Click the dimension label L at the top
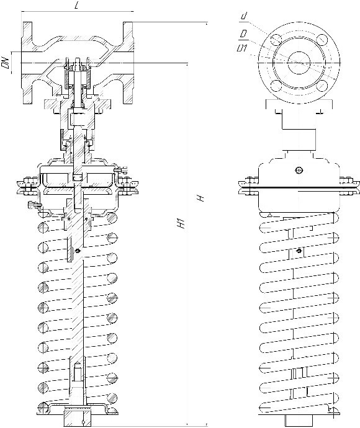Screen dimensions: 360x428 (76, 6)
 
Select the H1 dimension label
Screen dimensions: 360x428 (181, 223)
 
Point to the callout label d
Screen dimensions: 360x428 (244, 16)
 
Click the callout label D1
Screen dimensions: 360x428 (242, 48)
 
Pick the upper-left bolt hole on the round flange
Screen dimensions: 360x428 (276, 40)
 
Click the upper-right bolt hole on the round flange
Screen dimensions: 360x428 (322, 40)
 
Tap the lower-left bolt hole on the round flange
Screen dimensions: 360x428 (276, 86)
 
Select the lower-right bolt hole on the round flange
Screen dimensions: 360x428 (322, 86)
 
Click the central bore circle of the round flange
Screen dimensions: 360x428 (299, 63)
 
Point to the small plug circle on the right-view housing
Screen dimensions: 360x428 (299, 171)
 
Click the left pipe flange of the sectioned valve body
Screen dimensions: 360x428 (27, 63)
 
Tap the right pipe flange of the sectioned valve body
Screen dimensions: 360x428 (128, 63)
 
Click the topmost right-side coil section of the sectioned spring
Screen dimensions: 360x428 (112, 218)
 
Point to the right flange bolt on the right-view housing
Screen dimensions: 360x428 (348, 187)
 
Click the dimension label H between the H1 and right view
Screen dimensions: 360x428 (200, 198)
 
